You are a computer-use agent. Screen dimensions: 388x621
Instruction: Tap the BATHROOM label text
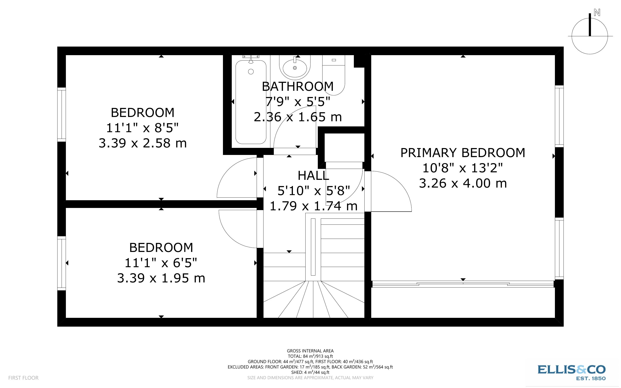click(298, 86)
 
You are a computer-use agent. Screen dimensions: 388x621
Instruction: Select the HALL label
click(313, 176)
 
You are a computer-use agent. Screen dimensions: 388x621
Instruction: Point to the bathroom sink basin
click(295, 68)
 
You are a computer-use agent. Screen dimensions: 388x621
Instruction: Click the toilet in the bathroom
click(333, 74)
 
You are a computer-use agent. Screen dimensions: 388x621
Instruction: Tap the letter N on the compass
click(597, 12)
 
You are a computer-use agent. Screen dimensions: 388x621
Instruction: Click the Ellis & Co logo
click(571, 372)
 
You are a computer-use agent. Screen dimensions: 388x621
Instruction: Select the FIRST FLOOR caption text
click(23, 378)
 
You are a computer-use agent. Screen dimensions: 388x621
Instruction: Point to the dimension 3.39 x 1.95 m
click(161, 278)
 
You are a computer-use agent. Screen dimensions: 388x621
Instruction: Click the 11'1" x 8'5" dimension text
click(142, 128)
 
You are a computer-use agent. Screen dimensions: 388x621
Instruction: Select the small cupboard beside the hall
click(344, 148)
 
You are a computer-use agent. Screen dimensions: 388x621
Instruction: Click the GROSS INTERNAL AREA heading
click(310, 351)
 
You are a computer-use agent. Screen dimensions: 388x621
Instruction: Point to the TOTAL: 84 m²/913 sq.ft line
click(310, 356)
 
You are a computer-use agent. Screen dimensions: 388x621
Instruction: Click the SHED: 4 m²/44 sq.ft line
click(310, 372)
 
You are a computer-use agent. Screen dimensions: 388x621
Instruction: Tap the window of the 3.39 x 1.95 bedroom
click(62, 263)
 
